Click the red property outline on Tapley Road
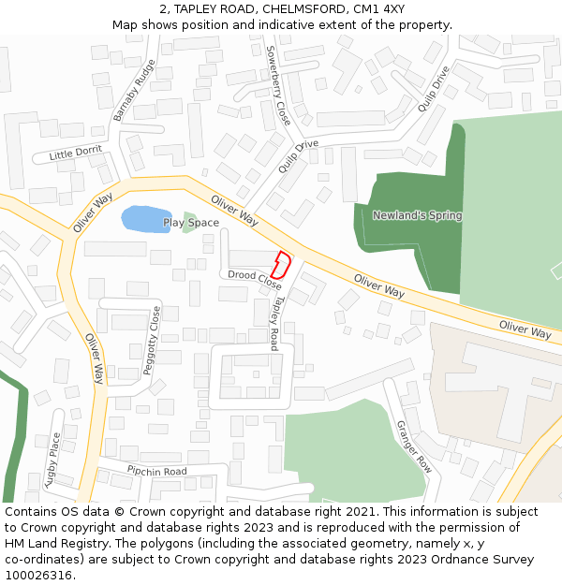[280, 264]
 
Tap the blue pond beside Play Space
[145, 219]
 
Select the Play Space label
[191, 223]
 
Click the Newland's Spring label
[417, 215]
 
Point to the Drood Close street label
[255, 279]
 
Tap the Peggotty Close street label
[151, 341]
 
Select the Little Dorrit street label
[77, 153]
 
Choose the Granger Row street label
[412, 444]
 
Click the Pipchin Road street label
[157, 471]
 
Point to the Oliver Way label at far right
[525, 329]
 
